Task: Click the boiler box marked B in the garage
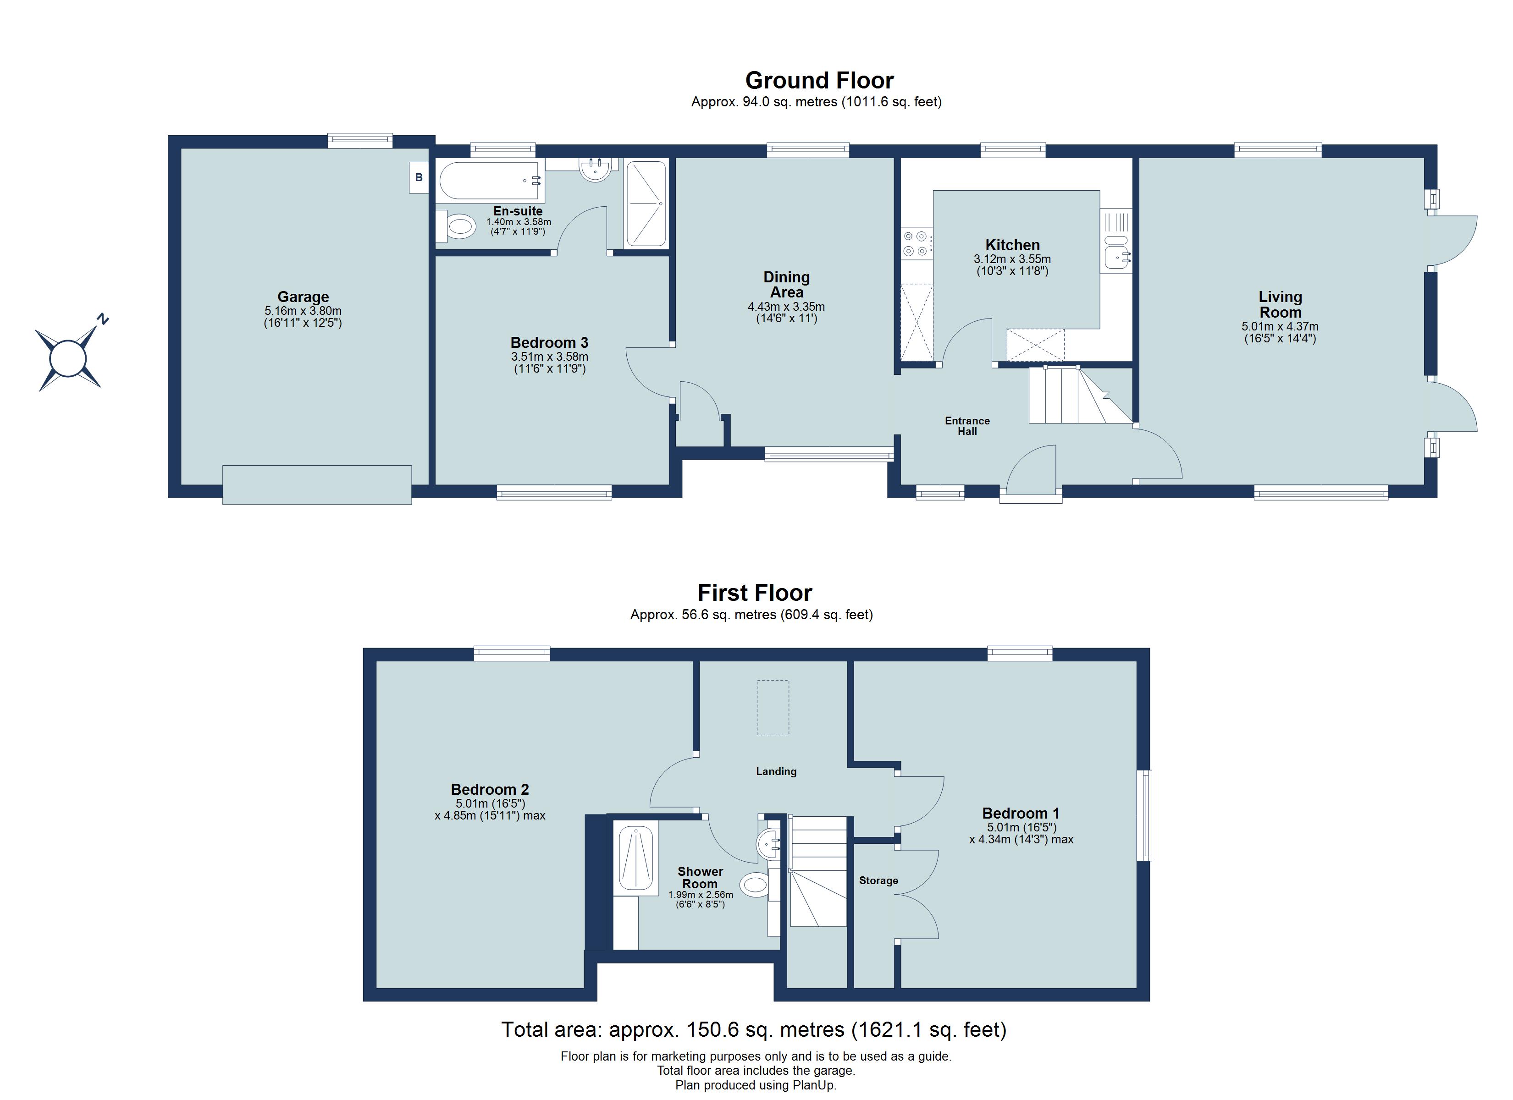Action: coord(418,177)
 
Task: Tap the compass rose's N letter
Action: coord(102,319)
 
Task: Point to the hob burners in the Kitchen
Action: coord(916,243)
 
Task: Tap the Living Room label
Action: coord(1280,304)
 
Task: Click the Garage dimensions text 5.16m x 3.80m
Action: coord(303,311)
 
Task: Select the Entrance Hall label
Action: coord(966,426)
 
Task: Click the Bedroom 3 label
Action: coord(549,343)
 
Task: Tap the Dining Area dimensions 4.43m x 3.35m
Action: coord(786,307)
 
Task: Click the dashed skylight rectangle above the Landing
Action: coord(773,708)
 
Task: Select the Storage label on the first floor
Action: coord(878,880)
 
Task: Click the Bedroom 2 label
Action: coord(490,790)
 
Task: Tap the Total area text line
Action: coord(753,1029)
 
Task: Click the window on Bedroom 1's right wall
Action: coord(1144,815)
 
